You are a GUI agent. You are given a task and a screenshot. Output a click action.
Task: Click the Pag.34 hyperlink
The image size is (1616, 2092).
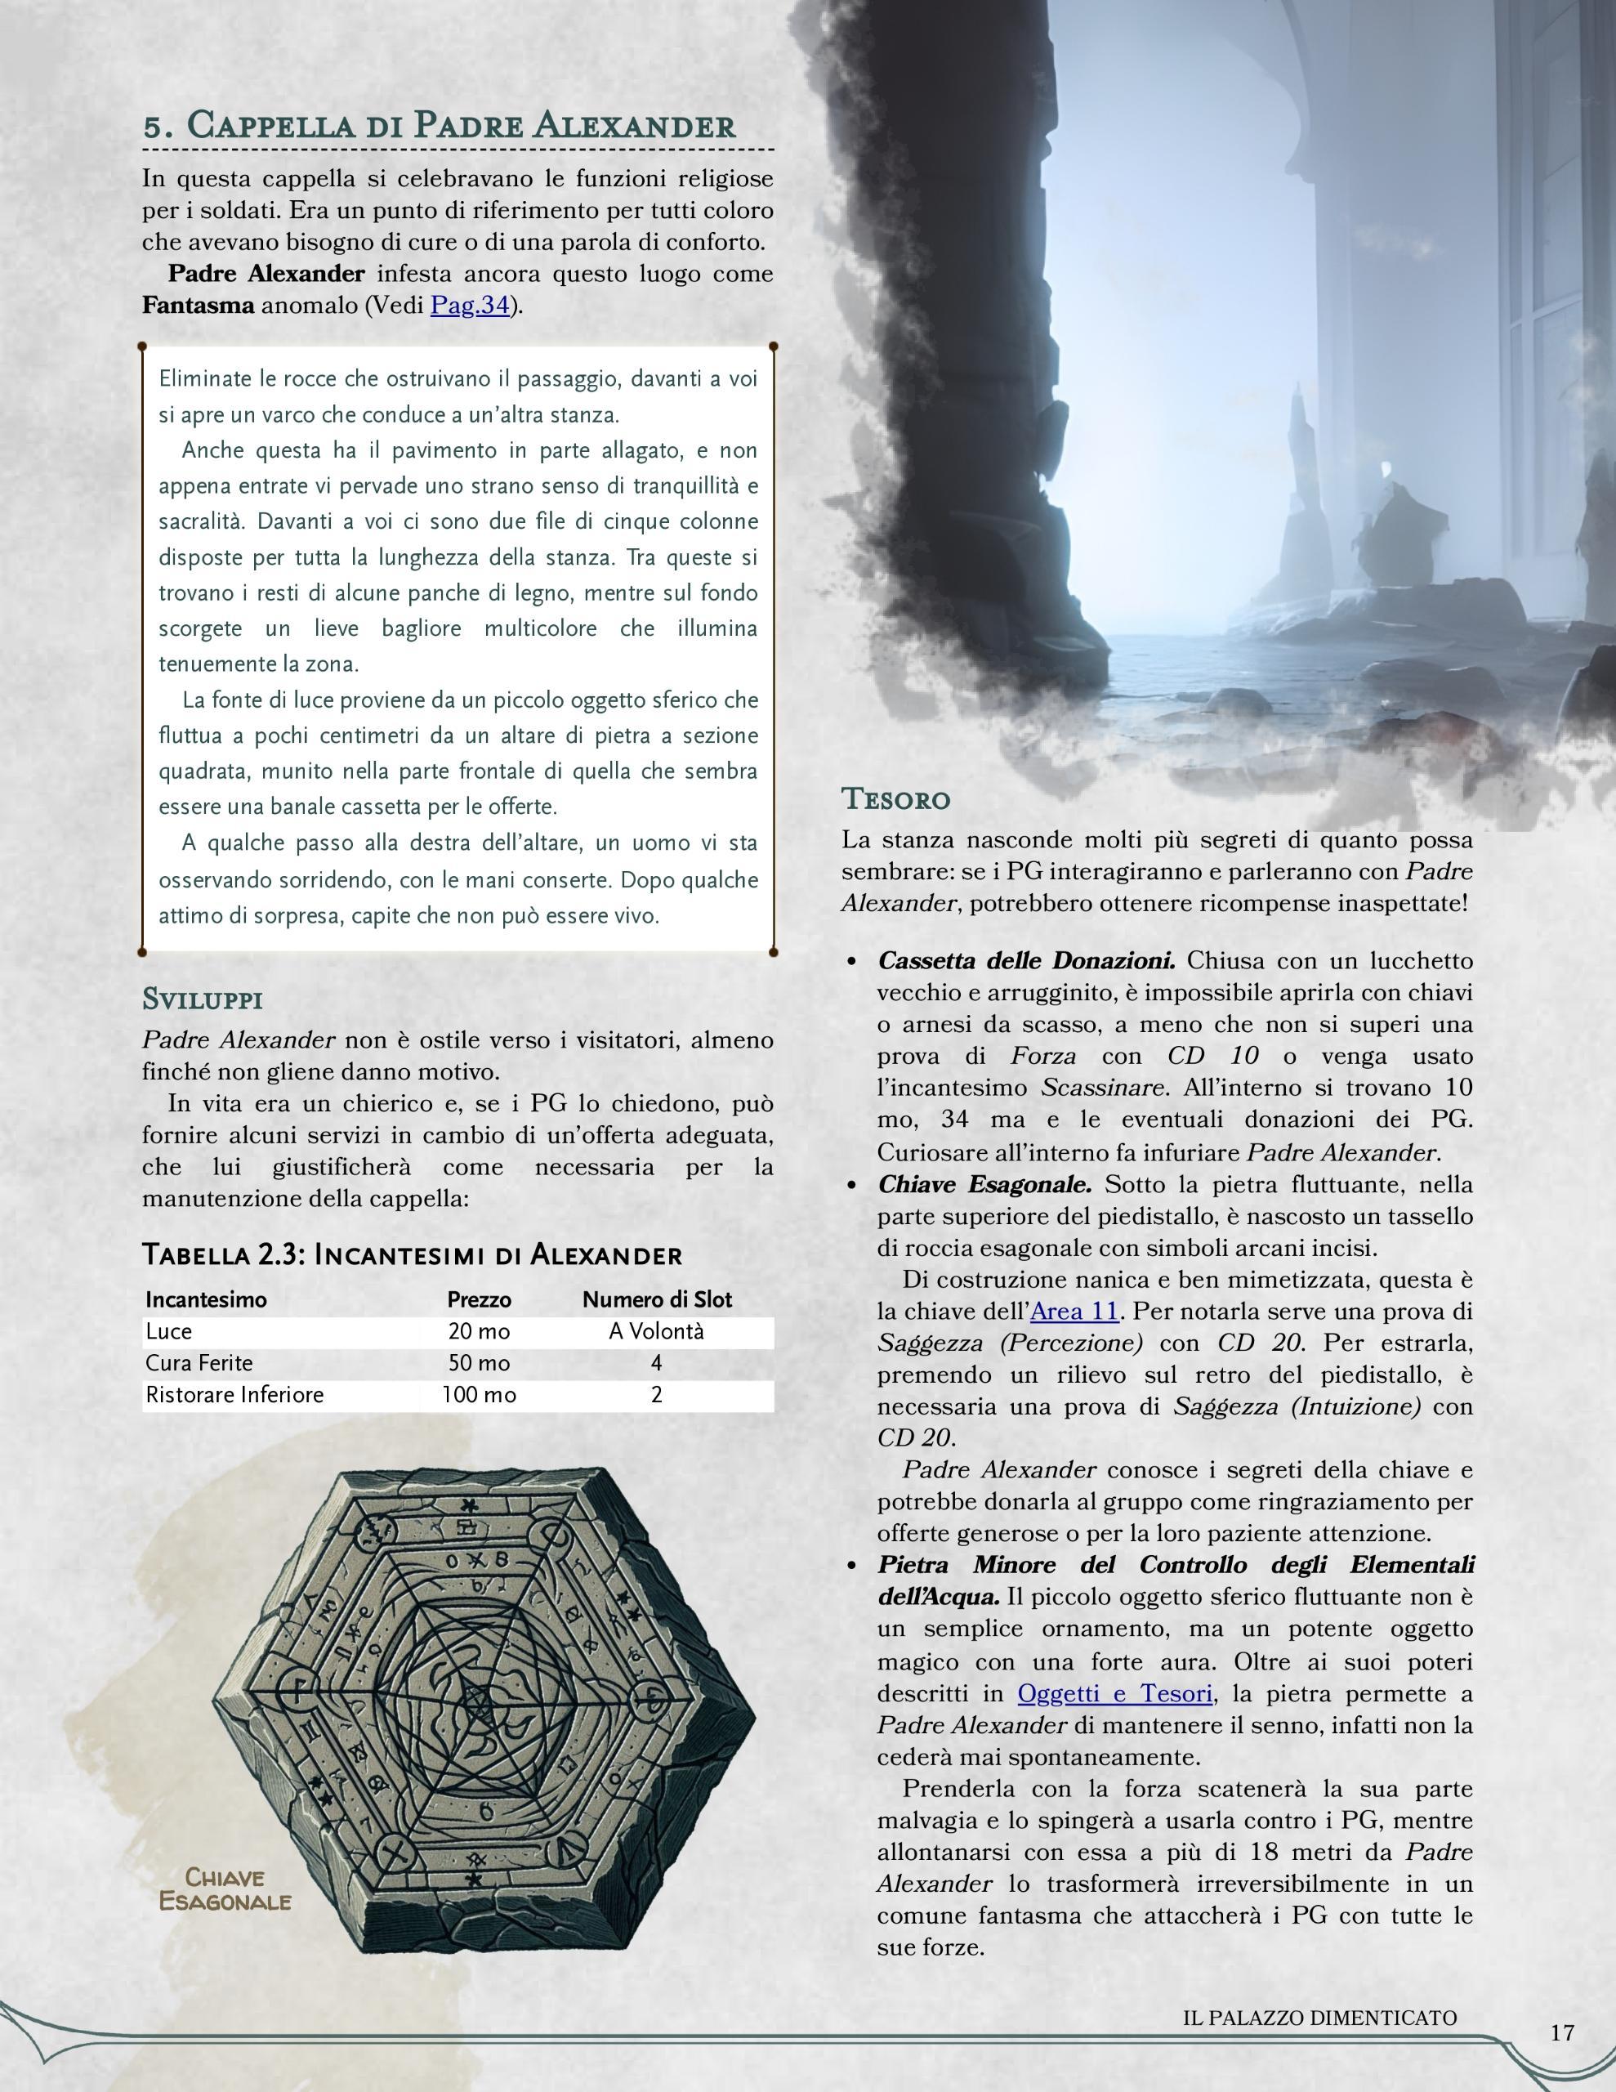[x=470, y=306]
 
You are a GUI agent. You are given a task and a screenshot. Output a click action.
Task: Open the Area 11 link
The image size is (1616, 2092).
[x=1074, y=1311]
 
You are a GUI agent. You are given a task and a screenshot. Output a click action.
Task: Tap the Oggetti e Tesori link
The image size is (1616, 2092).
[x=1115, y=1692]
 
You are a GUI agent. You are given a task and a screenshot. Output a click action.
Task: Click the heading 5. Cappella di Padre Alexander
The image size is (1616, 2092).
[x=439, y=126]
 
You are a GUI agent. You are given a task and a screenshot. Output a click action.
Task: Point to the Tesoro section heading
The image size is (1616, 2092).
[x=895, y=798]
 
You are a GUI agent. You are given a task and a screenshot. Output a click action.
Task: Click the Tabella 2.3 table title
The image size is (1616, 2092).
[x=412, y=1255]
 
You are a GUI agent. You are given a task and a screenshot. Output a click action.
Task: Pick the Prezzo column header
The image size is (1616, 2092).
[x=479, y=1300]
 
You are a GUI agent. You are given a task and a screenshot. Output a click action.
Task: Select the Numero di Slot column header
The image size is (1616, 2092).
[x=656, y=1300]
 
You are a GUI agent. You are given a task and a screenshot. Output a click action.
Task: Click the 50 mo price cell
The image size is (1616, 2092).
[x=479, y=1363]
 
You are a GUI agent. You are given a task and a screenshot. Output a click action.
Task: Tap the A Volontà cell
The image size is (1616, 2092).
[x=656, y=1331]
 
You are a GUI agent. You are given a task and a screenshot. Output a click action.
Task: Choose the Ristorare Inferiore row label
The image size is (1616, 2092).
[x=234, y=1395]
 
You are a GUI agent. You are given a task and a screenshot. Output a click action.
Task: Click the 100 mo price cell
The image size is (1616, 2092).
[x=479, y=1395]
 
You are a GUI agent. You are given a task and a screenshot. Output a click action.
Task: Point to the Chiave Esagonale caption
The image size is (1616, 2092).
[x=225, y=1889]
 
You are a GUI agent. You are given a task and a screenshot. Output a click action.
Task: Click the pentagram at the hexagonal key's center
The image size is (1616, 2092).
[x=476, y=1704]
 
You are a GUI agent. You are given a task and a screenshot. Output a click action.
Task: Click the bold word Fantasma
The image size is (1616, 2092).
[x=199, y=306]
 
